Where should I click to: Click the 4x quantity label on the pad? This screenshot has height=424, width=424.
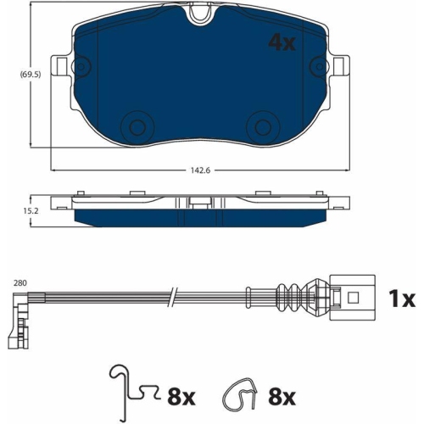pyautogui.click(x=283, y=42)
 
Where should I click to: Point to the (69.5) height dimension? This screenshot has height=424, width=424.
pyautogui.click(x=13, y=75)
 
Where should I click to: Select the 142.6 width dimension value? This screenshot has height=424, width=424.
pyautogui.click(x=201, y=171)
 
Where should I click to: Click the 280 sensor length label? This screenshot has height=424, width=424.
pyautogui.click(x=19, y=283)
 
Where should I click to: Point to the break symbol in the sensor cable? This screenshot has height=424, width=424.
pyautogui.click(x=173, y=297)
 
